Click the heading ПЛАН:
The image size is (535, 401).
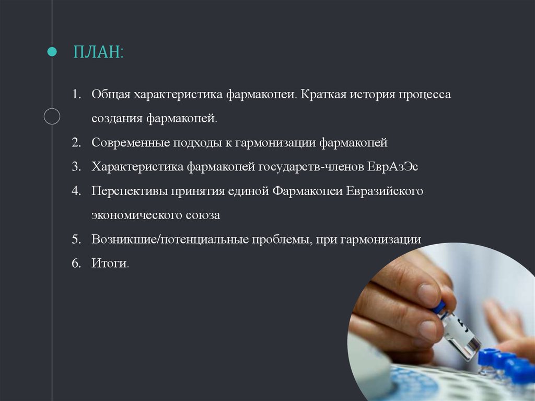pos(98,53)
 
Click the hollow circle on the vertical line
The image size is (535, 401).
pos(52,116)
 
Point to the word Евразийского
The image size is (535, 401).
pos(384,191)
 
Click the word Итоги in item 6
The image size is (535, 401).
pos(109,263)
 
